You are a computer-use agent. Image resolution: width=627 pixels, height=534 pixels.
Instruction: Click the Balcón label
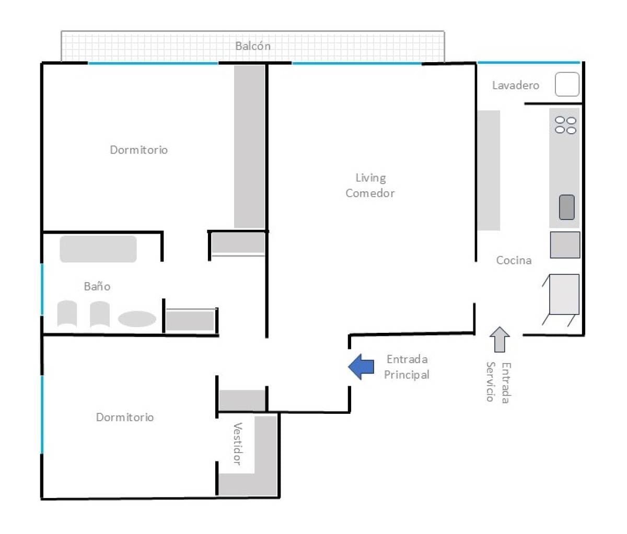click(x=253, y=46)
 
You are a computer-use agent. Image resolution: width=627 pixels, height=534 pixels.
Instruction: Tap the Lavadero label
click(x=515, y=85)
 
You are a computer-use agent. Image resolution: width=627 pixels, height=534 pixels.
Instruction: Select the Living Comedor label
click(x=370, y=185)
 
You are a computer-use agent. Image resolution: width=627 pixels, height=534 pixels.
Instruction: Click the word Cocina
click(x=514, y=260)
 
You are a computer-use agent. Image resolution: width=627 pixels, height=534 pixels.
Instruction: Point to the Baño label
click(x=97, y=286)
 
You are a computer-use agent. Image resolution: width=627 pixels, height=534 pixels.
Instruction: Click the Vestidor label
click(x=237, y=444)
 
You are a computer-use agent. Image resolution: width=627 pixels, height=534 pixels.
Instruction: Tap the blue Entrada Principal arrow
click(x=361, y=367)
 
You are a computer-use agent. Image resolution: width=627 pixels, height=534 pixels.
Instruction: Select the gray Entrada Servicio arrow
click(x=500, y=339)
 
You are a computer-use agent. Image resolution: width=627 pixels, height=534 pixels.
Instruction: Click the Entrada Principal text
click(x=407, y=367)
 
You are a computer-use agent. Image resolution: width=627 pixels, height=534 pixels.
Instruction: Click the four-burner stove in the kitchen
click(x=565, y=125)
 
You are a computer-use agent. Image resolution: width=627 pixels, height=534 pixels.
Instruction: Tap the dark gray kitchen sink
click(x=567, y=207)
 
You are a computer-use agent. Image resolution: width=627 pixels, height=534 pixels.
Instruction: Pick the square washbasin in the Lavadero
click(x=567, y=85)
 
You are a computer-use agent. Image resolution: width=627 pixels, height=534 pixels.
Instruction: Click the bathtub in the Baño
click(x=98, y=249)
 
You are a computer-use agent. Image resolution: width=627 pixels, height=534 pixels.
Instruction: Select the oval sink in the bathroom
click(x=137, y=319)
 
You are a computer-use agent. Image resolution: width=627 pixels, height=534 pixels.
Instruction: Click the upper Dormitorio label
click(x=139, y=150)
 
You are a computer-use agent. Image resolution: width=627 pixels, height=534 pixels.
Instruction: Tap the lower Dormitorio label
click(x=125, y=417)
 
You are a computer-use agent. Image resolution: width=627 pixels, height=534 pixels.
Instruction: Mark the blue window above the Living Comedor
click(x=357, y=63)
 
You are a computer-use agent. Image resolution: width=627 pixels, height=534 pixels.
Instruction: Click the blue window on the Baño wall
click(x=42, y=289)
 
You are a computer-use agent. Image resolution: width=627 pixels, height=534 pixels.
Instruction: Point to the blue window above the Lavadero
click(x=529, y=63)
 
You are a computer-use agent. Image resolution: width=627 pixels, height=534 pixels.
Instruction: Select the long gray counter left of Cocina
click(x=489, y=170)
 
